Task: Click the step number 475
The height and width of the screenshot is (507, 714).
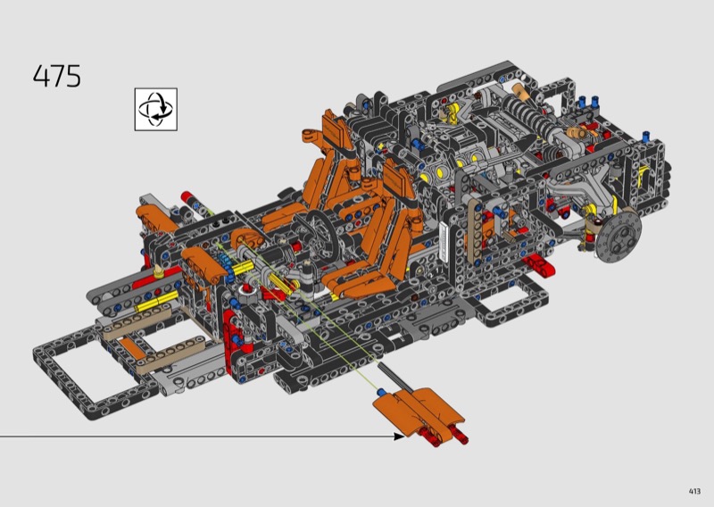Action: click(x=57, y=76)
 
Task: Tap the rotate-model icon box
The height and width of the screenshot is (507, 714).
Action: click(x=155, y=109)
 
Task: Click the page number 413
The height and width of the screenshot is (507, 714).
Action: click(x=694, y=491)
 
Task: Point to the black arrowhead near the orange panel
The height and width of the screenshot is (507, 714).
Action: click(x=398, y=436)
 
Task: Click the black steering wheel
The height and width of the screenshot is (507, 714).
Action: click(x=321, y=231)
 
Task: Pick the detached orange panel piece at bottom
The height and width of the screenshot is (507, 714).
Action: click(x=418, y=411)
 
